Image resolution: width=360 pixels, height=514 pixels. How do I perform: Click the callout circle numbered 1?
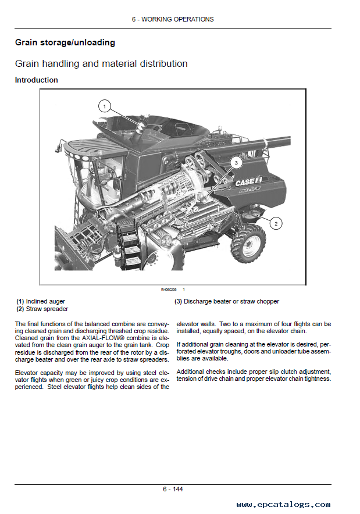[x=104, y=106]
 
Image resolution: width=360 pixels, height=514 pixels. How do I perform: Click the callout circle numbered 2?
[x=276, y=223]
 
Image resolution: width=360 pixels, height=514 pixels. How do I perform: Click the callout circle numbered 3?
[x=236, y=163]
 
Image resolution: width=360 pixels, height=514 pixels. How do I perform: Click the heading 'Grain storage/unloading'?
[x=65, y=42]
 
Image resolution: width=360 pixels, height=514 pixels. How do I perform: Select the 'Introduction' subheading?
[x=36, y=80]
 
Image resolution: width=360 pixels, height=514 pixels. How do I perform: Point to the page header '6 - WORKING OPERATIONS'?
[x=172, y=19]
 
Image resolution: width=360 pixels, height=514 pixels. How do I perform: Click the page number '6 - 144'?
[x=173, y=489]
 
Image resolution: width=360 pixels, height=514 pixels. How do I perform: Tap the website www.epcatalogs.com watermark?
[x=283, y=505]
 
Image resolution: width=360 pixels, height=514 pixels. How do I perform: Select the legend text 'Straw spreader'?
[x=47, y=309]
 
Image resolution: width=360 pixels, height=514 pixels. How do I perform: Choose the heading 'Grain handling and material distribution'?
[x=101, y=63]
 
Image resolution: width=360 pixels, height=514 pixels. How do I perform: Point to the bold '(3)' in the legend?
[x=179, y=301]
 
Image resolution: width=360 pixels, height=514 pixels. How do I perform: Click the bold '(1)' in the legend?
[x=20, y=301]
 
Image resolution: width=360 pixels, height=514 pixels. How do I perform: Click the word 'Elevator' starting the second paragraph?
[x=27, y=372]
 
